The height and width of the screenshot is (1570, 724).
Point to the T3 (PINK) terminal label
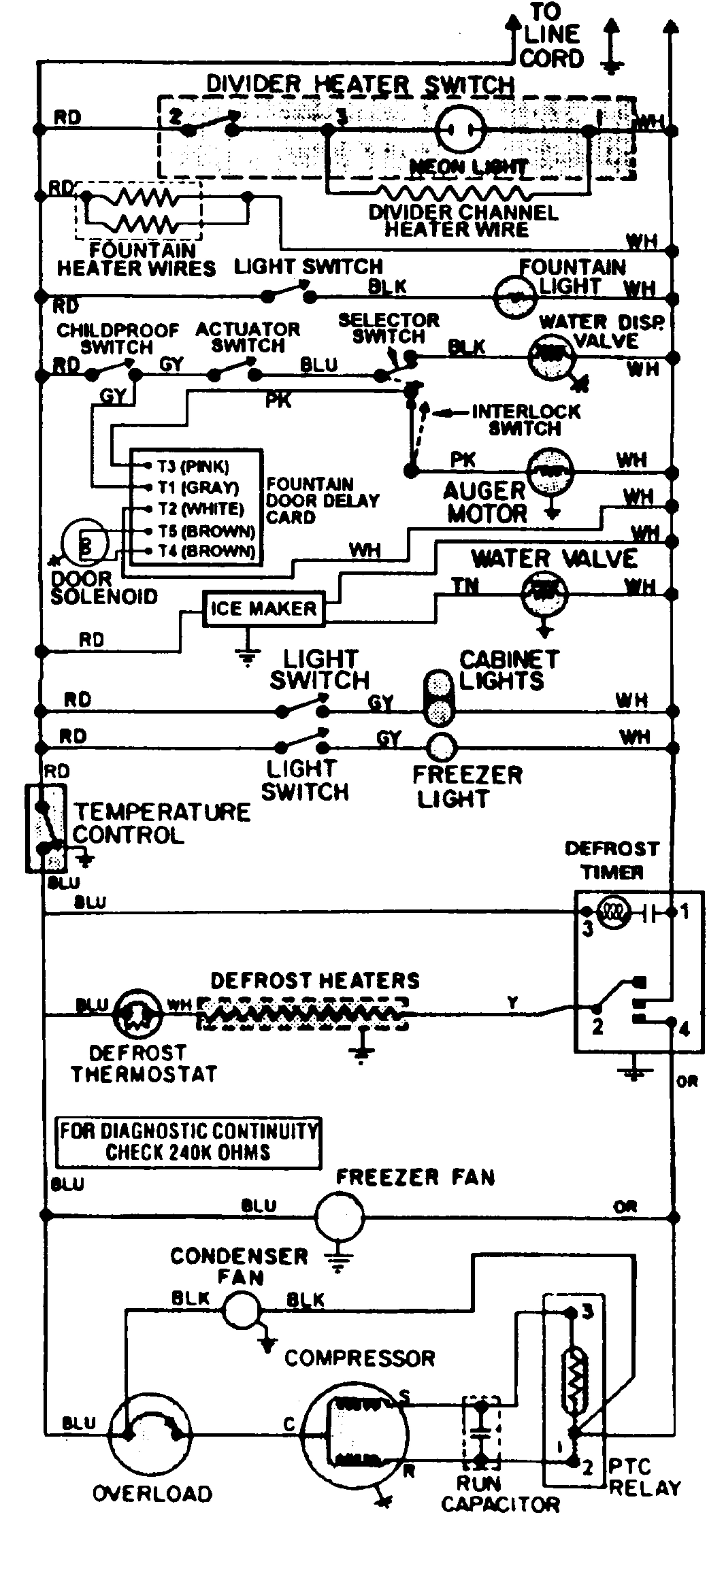193,467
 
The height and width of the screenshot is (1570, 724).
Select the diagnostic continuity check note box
188,1142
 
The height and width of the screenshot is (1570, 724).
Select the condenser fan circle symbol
242,1307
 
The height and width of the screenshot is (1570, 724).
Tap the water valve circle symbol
544,593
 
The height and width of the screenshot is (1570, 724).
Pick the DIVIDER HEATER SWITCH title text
360,84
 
